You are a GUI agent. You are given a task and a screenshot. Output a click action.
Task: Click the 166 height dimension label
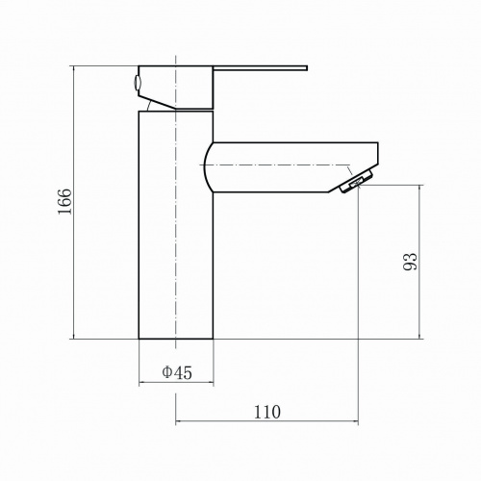(x=65, y=202)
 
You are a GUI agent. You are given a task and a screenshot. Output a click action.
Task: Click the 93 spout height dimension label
(x=411, y=262)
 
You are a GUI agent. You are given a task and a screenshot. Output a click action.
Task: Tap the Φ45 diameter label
(x=177, y=372)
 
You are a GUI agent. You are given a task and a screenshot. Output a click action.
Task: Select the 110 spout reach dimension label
(x=267, y=412)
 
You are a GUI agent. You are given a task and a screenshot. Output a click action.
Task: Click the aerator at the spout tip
(x=357, y=182)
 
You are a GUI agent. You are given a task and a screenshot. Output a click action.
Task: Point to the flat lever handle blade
(x=260, y=68)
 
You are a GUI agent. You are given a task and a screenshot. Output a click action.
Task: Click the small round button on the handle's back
(x=137, y=83)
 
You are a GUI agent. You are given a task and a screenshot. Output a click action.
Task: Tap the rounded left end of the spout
(x=209, y=167)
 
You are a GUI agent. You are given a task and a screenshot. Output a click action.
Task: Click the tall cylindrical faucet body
(x=176, y=225)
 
